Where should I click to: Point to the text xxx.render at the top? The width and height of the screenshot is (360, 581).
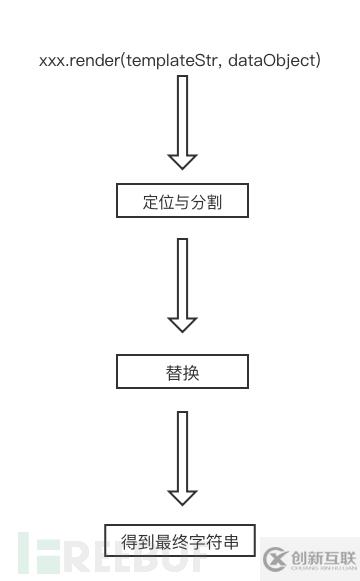point(76,61)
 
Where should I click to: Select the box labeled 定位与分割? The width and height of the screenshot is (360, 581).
point(181,201)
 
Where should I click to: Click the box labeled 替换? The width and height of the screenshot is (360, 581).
point(181,372)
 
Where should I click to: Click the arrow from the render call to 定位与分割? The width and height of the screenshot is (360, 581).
point(182,120)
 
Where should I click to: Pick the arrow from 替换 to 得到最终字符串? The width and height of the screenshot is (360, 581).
point(182,455)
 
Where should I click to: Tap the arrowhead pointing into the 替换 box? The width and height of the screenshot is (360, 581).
point(182,323)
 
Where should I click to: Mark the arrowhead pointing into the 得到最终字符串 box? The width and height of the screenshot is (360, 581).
point(182,496)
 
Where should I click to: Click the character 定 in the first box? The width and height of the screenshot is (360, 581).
point(151,201)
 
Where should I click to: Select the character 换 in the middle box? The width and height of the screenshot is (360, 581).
point(191,372)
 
